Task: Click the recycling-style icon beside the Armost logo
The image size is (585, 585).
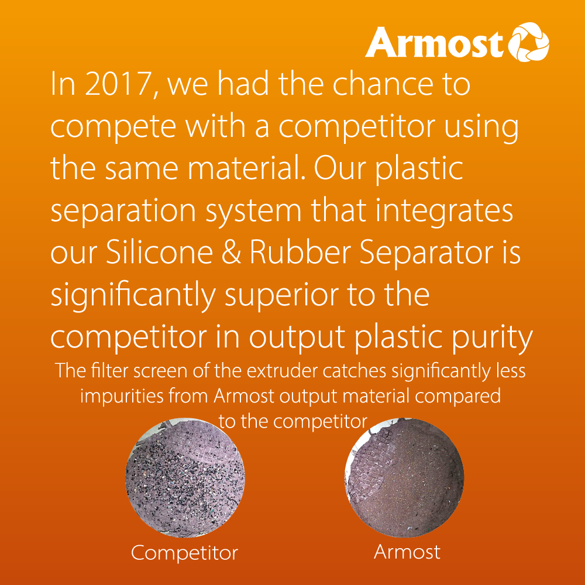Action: click(531, 42)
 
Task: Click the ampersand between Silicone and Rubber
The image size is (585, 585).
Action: click(232, 254)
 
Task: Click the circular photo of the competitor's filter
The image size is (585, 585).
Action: click(185, 478)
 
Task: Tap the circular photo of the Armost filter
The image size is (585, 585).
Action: click(404, 479)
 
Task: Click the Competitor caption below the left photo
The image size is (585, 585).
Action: click(184, 553)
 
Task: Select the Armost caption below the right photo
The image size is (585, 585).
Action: click(407, 551)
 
